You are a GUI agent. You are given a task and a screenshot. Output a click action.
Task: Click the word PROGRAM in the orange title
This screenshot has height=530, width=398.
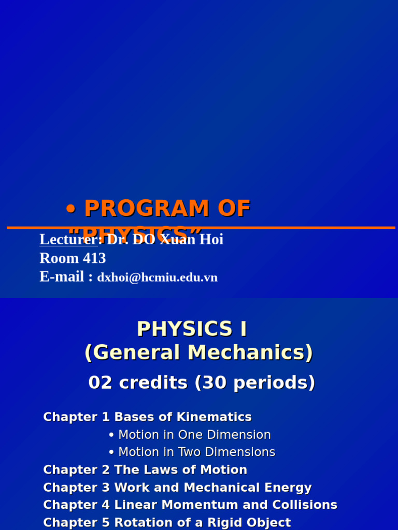(x=143, y=209)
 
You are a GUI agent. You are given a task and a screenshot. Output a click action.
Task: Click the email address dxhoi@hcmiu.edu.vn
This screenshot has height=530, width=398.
(x=157, y=277)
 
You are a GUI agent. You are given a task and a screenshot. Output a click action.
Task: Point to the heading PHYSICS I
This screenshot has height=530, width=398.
(x=192, y=329)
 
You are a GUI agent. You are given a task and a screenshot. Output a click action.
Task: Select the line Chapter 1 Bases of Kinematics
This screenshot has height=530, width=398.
(x=147, y=417)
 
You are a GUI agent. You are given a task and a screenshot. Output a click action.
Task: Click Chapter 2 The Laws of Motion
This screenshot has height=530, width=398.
(x=145, y=470)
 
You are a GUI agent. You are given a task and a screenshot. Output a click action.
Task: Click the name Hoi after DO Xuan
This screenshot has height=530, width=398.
(x=212, y=240)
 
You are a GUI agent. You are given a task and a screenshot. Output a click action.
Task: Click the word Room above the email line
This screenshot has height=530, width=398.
(x=56, y=258)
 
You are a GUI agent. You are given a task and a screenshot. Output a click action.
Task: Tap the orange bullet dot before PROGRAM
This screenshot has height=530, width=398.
(x=71, y=210)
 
